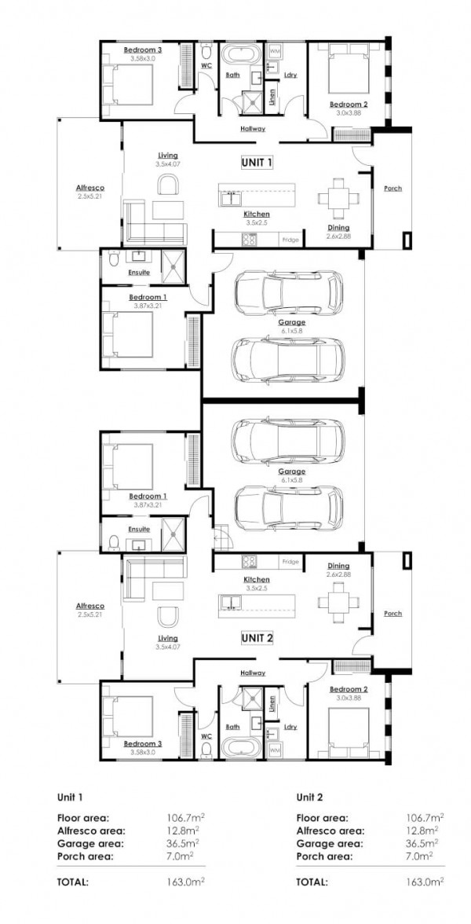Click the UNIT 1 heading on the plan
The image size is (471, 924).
pyautogui.click(x=256, y=163)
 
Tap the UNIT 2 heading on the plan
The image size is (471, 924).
pyautogui.click(x=256, y=637)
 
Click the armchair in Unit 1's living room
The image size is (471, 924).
pyautogui.click(x=167, y=185)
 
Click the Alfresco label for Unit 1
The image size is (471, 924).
pyautogui.click(x=89, y=188)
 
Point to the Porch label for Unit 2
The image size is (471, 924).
pyautogui.click(x=392, y=613)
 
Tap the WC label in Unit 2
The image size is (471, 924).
pyautogui.click(x=206, y=736)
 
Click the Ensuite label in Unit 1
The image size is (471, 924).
pyautogui.click(x=139, y=273)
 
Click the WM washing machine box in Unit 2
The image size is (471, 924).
pyautogui.click(x=275, y=751)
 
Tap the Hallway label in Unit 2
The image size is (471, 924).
pyautogui.click(x=253, y=673)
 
